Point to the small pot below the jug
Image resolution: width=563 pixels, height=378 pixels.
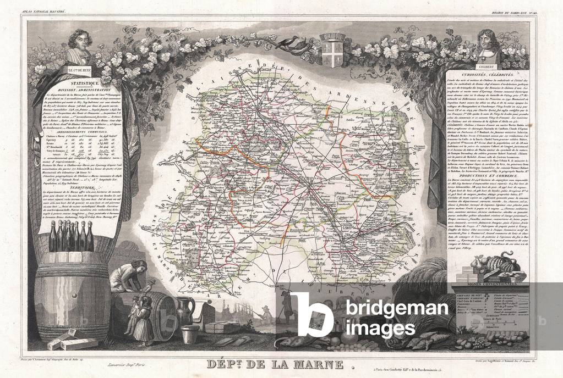[x=190, y=333]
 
